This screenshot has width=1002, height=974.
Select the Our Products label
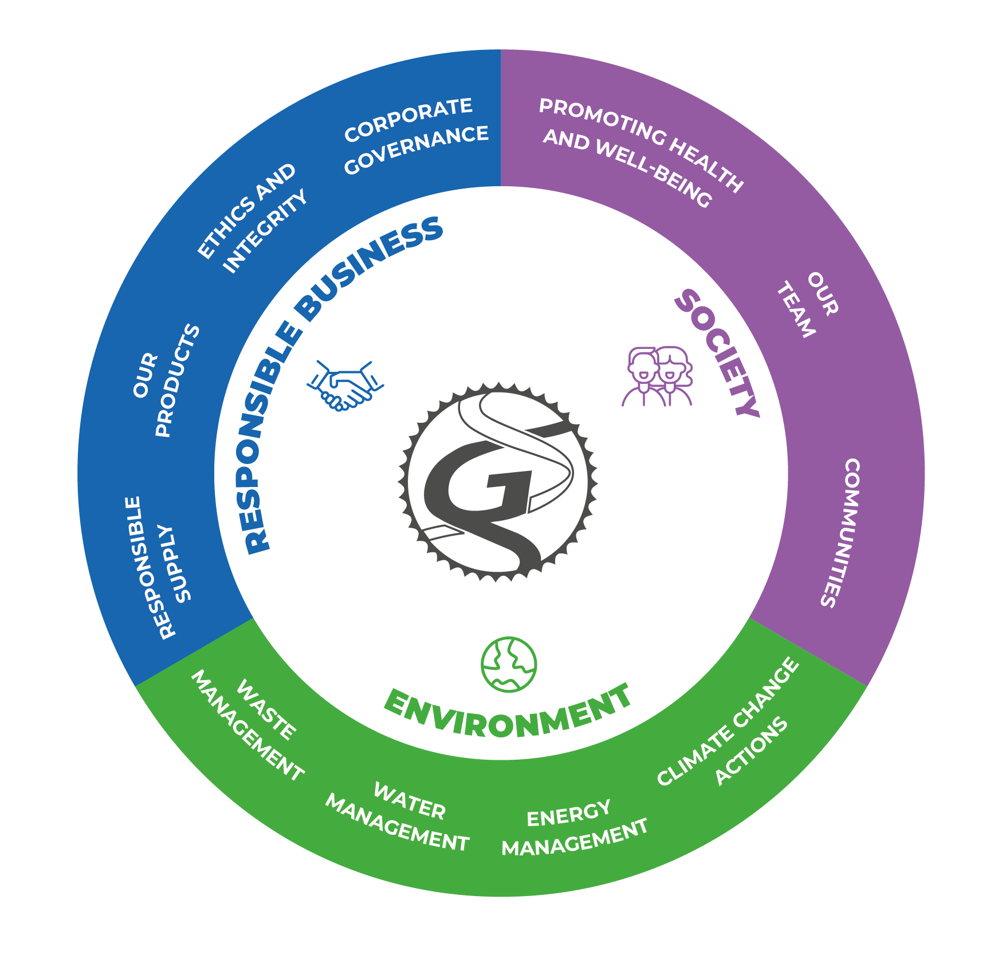click(x=166, y=380)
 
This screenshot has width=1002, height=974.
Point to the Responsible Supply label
click(x=157, y=567)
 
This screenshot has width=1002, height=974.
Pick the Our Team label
click(x=808, y=304)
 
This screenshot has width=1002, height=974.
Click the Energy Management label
click(x=573, y=828)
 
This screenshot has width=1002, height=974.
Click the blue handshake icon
click(x=345, y=386)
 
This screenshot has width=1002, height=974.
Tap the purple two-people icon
click(x=658, y=376)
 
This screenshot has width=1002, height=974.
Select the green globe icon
click(x=509, y=664)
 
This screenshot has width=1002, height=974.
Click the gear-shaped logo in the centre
click(x=498, y=482)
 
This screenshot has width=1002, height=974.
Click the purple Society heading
click(x=717, y=353)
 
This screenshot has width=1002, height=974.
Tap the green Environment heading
click(x=508, y=713)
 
